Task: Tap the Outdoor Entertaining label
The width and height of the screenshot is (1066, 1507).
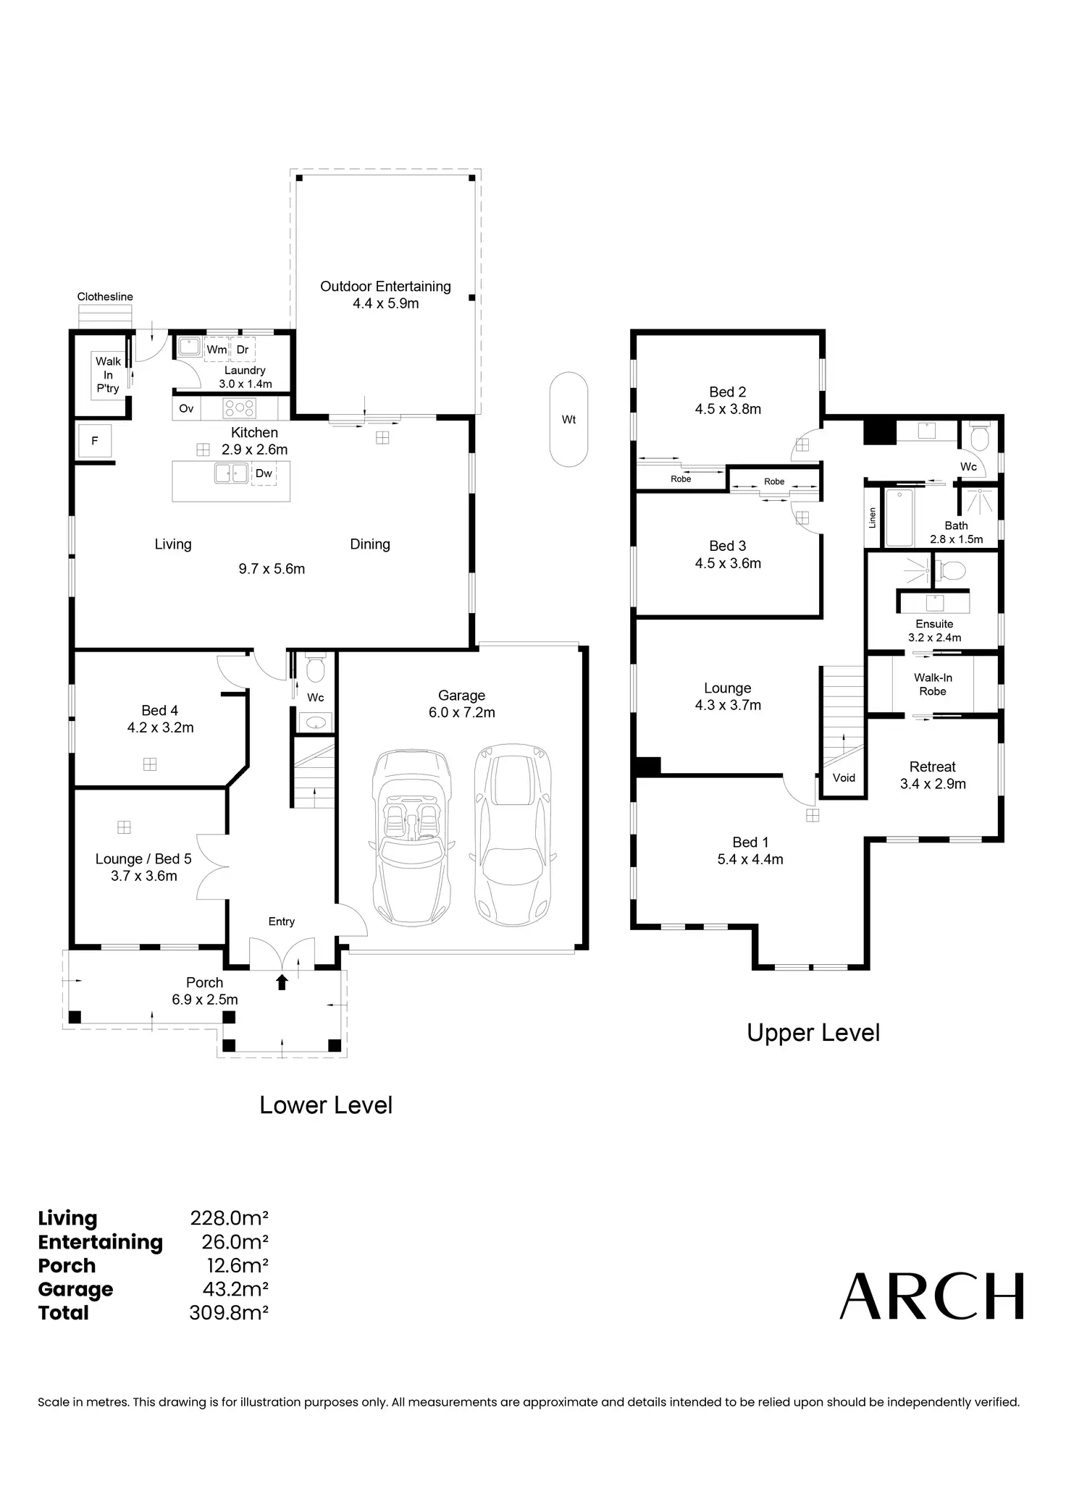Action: tap(385, 287)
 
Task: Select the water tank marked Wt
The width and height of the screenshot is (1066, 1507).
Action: tap(568, 419)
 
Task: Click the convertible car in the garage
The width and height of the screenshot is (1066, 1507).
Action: tap(411, 837)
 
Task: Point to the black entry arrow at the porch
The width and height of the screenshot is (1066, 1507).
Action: tap(282, 982)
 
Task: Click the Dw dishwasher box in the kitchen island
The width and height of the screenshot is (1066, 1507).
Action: tap(264, 473)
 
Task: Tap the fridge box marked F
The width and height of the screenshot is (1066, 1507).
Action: tap(95, 440)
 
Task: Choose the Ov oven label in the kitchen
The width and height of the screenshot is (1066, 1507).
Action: tap(186, 408)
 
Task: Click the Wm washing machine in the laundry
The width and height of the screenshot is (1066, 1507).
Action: tap(217, 350)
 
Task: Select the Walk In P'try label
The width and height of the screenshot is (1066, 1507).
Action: tap(108, 375)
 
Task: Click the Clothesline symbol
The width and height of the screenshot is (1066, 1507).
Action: tap(106, 316)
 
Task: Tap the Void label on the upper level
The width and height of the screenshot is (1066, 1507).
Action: tap(844, 777)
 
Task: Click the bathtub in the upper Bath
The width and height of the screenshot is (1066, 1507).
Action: tap(899, 518)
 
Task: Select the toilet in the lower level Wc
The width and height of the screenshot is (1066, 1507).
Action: tap(315, 670)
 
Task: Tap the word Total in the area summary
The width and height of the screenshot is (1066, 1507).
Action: tap(64, 1313)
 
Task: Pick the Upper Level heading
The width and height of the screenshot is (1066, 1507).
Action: tap(813, 1033)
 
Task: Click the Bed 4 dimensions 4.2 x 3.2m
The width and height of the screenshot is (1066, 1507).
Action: tap(161, 727)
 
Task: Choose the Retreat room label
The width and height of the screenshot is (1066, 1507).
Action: tap(933, 767)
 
